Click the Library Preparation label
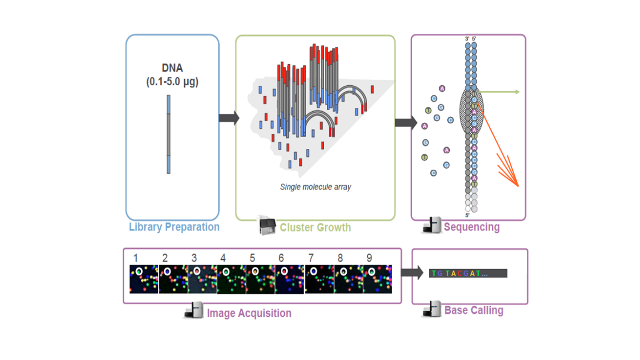pyautogui.click(x=174, y=227)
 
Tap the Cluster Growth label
pyautogui.click(x=315, y=228)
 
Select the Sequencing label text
pyautogui.click(x=471, y=227)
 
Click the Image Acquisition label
pyautogui.click(x=249, y=313)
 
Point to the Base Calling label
pyautogui.click(x=474, y=310)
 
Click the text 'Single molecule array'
pyautogui.click(x=315, y=187)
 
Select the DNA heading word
pyautogui.click(x=172, y=68)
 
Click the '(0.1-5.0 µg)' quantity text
pyautogui.click(x=172, y=82)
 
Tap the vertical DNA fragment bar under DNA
pyautogui.click(x=169, y=135)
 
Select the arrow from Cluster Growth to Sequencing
pyautogui.click(x=405, y=122)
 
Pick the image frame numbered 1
pyautogui.click(x=144, y=279)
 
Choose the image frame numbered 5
pyautogui.click(x=261, y=279)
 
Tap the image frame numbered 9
pyautogui.click(x=378, y=279)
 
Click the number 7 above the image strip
pyautogui.click(x=311, y=258)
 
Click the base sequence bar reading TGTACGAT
pyautogui.click(x=468, y=273)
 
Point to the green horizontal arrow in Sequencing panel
pyautogui.click(x=500, y=92)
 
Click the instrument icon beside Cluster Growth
pyautogui.click(x=267, y=226)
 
